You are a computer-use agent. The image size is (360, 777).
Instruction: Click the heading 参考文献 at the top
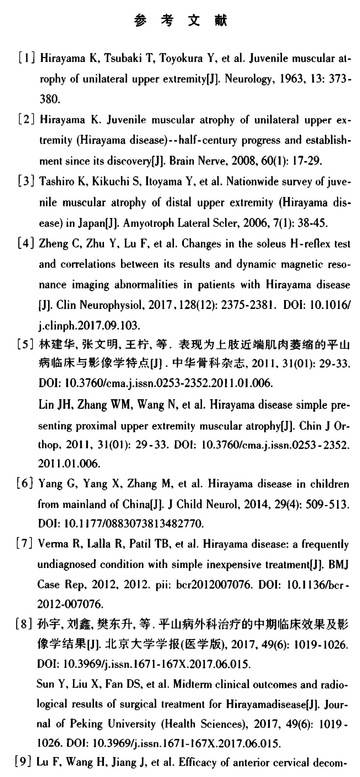(x=180, y=21)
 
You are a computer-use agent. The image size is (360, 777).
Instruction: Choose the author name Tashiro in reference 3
(x=54, y=182)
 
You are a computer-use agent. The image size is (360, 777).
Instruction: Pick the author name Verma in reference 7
(x=50, y=544)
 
